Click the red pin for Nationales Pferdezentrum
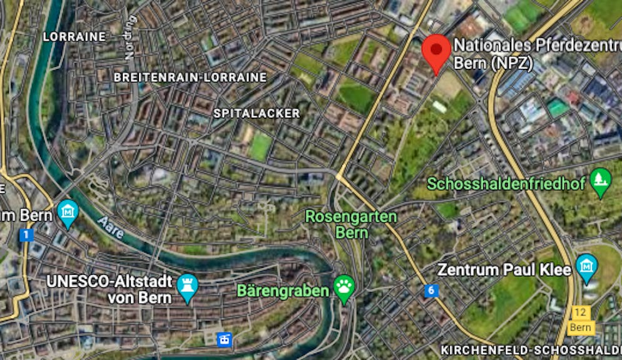point(436,51)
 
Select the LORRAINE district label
point(74,37)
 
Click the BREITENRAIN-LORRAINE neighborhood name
point(190,77)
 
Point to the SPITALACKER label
point(257,113)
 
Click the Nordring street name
point(130,37)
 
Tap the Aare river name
point(110,228)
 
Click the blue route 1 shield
point(26,235)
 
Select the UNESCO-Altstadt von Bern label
point(110,289)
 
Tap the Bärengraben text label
point(282,291)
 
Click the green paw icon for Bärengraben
point(344,288)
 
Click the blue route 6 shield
point(431,291)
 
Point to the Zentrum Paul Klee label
point(504,270)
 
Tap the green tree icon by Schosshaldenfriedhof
point(601,182)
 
